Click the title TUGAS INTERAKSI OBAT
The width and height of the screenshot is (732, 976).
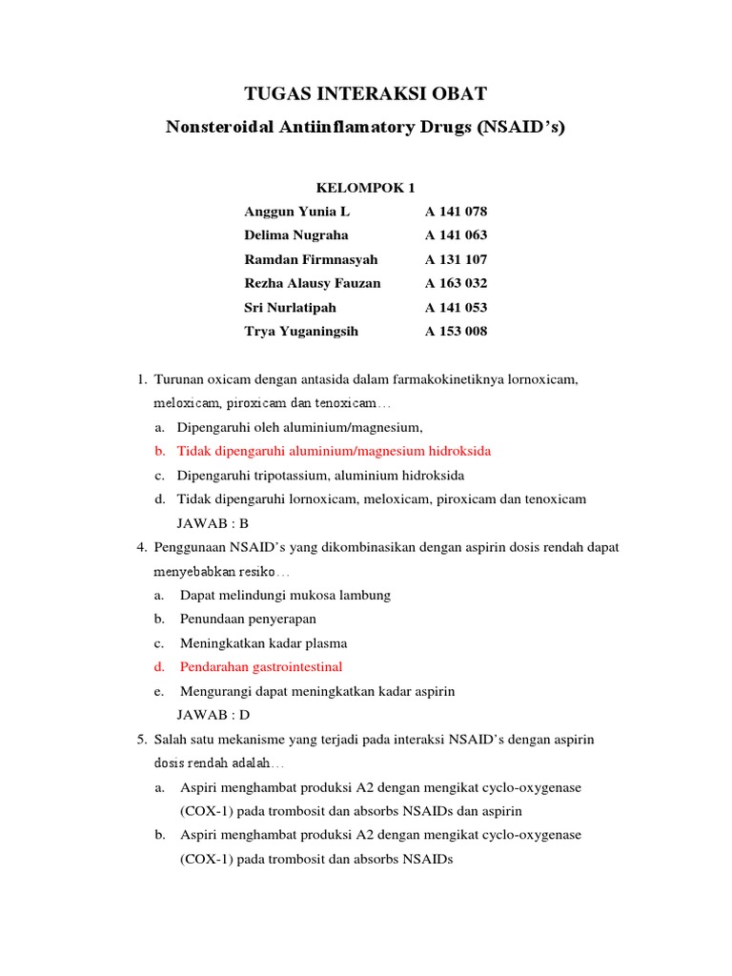coord(366,93)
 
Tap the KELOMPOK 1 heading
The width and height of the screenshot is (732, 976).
coord(366,187)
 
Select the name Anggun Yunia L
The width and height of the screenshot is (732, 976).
coord(296,212)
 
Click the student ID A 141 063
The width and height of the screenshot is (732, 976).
coord(456,235)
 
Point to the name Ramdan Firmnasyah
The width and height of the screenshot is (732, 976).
coord(311,259)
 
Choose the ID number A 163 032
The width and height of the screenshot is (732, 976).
coord(456,283)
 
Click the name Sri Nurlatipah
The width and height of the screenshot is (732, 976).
coord(290,308)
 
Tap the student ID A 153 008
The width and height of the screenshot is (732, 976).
coord(456,332)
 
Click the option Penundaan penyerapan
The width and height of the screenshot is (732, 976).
coord(248,619)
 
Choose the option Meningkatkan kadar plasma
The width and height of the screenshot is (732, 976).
coord(263,643)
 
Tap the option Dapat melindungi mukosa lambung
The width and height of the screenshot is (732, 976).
coord(285,595)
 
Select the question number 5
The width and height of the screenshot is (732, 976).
coord(143,740)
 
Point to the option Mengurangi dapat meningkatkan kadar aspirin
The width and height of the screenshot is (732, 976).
coord(317,691)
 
